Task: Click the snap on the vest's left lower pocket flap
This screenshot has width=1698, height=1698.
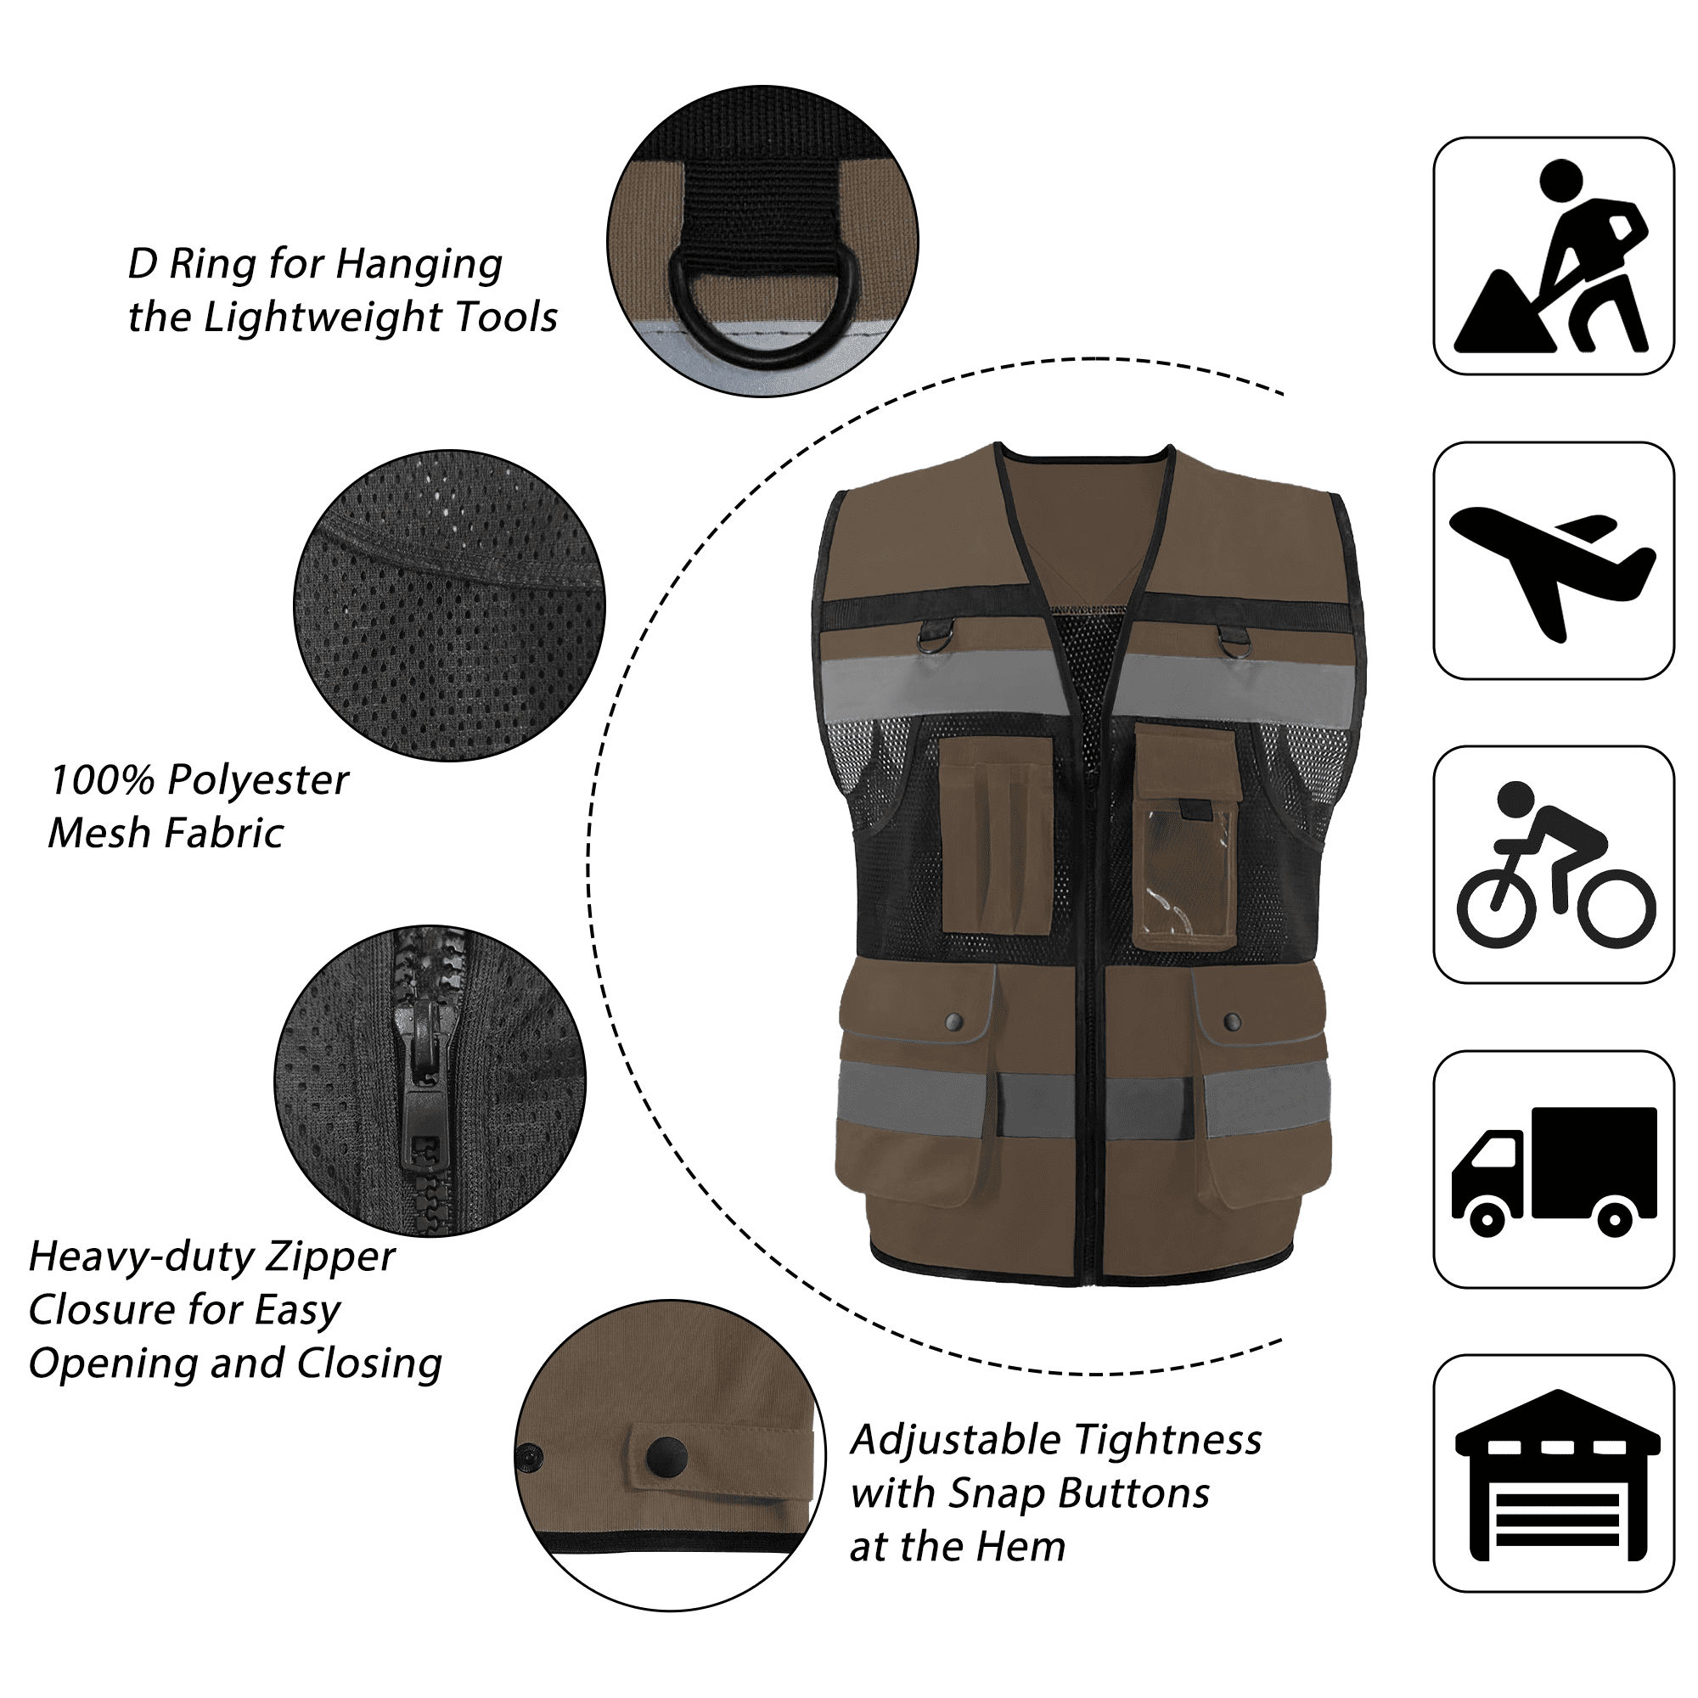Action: click(954, 1021)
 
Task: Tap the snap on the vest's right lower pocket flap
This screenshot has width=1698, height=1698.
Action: click(1232, 1021)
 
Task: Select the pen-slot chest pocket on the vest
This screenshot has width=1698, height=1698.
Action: click(997, 834)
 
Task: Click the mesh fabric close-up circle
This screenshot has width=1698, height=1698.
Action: click(449, 605)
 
